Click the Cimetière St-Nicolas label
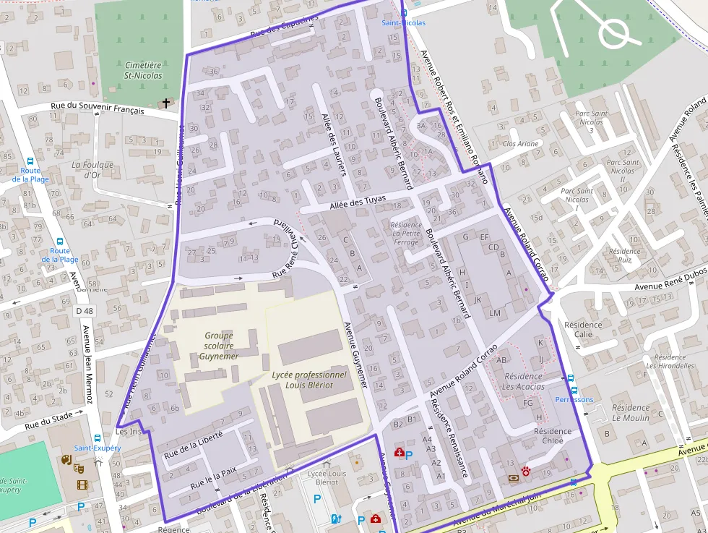(143, 70)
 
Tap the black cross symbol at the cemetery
(166, 103)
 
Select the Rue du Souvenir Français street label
(98, 109)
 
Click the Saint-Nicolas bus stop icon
(404, 12)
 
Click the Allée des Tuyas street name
(358, 202)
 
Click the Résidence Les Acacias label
(524, 381)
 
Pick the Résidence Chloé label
(552, 436)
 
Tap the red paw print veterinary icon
(526, 472)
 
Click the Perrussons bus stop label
(574, 399)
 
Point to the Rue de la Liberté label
(193, 445)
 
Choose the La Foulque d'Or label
(92, 169)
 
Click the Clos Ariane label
(520, 144)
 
